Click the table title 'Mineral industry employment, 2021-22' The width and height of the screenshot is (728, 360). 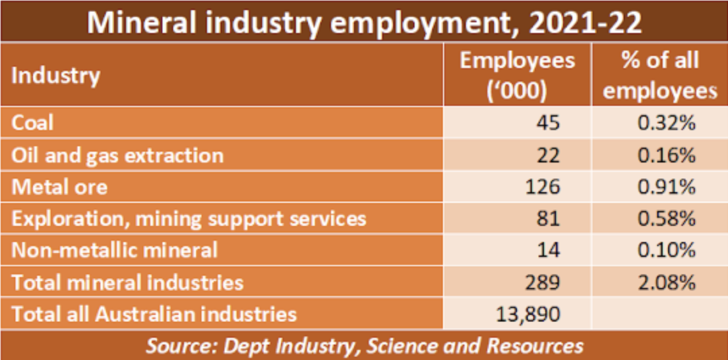(364, 22)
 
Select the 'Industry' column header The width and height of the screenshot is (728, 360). (56, 76)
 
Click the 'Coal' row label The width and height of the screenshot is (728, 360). (32, 123)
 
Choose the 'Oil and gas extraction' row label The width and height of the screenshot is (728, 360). (117, 155)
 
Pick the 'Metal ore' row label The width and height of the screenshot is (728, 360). (59, 187)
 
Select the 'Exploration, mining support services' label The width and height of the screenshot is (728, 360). (189, 218)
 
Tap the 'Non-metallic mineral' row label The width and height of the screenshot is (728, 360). (115, 250)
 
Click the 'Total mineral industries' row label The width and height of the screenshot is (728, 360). (127, 282)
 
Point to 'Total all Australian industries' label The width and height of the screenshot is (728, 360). (154, 313)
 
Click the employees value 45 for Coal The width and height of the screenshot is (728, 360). (547, 123)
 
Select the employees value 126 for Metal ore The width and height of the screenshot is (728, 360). (542, 187)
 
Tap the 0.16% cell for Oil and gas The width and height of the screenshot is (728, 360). (666, 155)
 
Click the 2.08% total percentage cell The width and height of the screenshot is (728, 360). (666, 282)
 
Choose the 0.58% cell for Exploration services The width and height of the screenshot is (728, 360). (666, 218)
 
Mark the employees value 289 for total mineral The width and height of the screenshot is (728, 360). (542, 282)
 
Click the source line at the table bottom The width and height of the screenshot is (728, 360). (364, 346)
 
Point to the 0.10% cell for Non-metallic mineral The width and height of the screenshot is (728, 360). (666, 250)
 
